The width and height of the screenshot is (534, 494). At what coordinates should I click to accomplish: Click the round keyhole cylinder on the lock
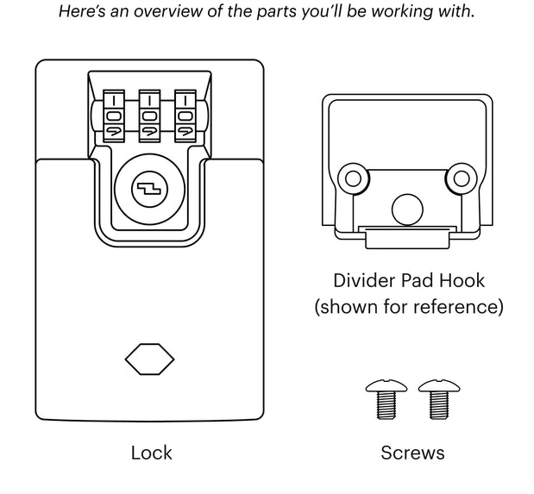149,187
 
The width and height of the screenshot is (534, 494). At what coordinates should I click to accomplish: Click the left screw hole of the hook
351,178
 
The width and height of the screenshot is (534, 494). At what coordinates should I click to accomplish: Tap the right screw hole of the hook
462,178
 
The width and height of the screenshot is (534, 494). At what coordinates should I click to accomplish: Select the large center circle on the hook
406,207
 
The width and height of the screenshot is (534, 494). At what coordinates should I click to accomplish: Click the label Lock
151,453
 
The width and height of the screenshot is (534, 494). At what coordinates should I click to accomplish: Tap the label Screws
412,453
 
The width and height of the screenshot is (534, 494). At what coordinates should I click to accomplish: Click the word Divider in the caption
363,280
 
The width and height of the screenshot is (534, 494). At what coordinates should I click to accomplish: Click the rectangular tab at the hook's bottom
405,233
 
